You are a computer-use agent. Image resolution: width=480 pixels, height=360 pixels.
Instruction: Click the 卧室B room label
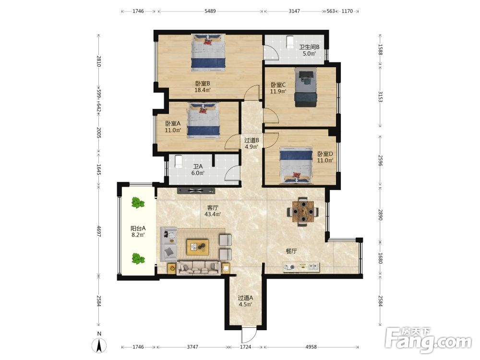pyautogui.click(x=203, y=84)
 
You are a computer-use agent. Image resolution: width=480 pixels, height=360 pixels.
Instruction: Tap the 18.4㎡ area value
pyautogui.click(x=203, y=90)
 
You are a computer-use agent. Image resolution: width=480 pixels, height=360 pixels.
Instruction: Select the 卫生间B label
pyautogui.click(x=309, y=47)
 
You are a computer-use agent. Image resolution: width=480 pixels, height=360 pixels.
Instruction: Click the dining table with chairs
pyautogui.click(x=303, y=212)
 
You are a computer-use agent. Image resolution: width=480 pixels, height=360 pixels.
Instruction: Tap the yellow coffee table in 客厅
pyautogui.click(x=198, y=247)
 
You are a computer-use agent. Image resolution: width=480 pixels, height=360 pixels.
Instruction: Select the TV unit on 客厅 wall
pyautogui.click(x=196, y=191)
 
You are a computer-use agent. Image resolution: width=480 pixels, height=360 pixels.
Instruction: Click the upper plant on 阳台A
pyautogui.click(x=138, y=203)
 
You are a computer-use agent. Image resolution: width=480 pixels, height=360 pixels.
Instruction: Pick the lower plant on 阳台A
pyautogui.click(x=138, y=259)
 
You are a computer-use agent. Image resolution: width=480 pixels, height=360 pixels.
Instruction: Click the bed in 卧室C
pyautogui.click(x=306, y=87)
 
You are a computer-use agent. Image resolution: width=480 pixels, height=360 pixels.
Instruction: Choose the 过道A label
pyautogui.click(x=245, y=298)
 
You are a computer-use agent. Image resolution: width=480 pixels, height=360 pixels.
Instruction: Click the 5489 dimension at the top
pyautogui.click(x=210, y=11)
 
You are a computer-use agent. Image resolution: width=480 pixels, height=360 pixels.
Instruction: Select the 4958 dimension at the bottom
pyautogui.click(x=311, y=347)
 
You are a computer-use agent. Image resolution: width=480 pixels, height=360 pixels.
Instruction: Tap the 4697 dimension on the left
pyautogui.click(x=98, y=231)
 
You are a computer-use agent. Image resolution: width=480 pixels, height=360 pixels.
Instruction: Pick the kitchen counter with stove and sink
pyautogui.click(x=301, y=267)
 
